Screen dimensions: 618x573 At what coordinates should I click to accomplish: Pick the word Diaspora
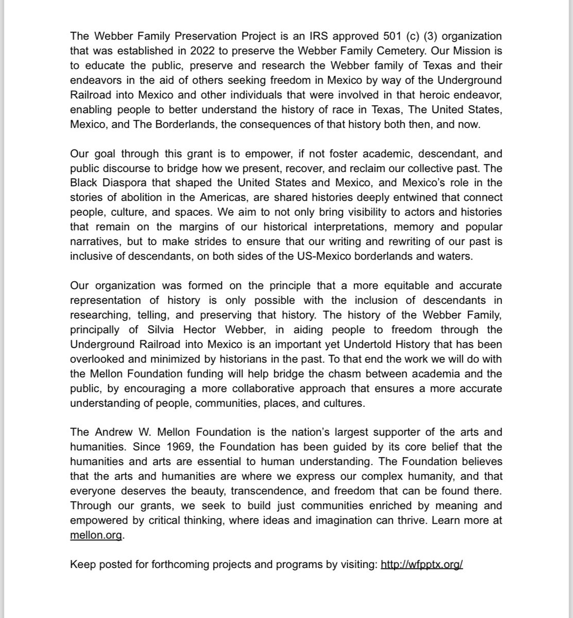coord(111,183)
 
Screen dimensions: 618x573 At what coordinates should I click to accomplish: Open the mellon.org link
coord(96,535)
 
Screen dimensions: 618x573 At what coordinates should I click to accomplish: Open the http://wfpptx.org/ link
coord(422,564)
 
